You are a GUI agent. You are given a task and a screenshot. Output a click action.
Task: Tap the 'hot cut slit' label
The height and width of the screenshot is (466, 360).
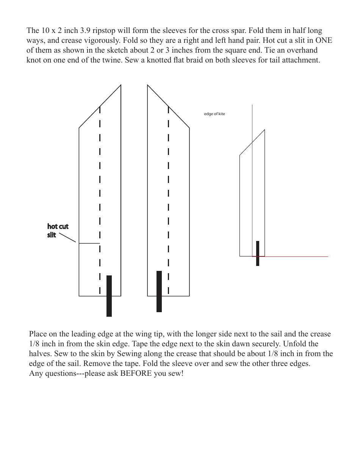(57, 230)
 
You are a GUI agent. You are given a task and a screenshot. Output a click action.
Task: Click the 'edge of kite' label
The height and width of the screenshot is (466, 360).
(214, 114)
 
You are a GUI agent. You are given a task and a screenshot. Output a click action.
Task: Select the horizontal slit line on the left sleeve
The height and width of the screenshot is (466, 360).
(89, 243)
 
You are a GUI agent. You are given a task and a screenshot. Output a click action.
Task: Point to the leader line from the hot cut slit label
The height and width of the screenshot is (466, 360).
(68, 238)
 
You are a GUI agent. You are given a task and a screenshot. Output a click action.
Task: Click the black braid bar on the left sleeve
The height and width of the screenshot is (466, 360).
(109, 296)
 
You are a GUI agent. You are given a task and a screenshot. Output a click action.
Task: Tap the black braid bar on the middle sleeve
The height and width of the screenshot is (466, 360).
(159, 291)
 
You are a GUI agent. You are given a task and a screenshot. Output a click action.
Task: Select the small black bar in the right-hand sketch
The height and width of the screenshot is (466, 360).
(258, 253)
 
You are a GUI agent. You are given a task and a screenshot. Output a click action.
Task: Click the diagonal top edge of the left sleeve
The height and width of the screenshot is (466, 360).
(100, 106)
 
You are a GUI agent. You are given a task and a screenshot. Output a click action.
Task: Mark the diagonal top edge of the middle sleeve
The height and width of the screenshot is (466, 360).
(168, 106)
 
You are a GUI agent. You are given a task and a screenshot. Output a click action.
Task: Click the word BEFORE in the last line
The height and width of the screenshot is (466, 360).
(138, 374)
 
